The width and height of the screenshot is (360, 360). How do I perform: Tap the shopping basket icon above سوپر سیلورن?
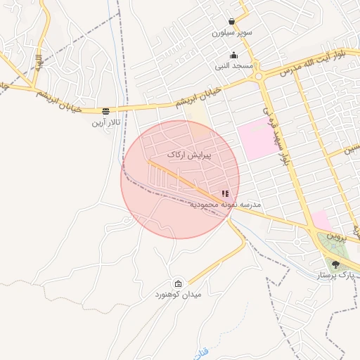pos(232,21)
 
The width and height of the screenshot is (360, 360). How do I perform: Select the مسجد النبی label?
pos(234,65)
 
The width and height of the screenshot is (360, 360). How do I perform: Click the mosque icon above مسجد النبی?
pos(234,55)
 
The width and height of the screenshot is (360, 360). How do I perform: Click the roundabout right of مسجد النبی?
pos(259,75)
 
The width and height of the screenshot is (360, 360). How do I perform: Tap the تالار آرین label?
pos(106,122)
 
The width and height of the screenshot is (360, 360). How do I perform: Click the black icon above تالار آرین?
pos(105,111)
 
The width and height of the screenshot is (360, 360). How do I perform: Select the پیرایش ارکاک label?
pos(190,153)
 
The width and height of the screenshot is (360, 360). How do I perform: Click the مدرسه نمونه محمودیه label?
pos(226,204)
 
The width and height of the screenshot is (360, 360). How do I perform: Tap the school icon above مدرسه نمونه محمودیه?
pos(225,193)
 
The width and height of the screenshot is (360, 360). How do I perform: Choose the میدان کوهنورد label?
pos(179,294)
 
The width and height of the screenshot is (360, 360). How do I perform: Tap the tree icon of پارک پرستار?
pos(335,265)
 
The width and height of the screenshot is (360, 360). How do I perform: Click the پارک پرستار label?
pos(335,276)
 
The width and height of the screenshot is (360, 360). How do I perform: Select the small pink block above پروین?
pos(320,220)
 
